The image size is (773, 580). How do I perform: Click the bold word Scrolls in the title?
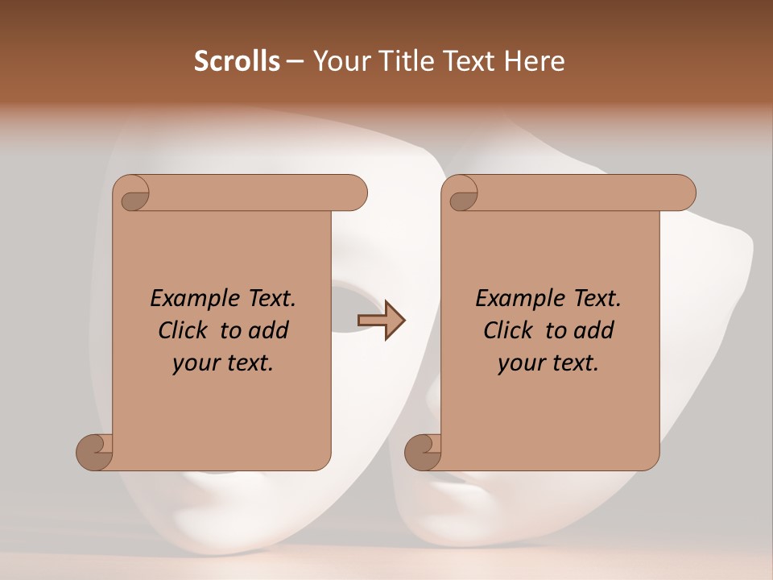pos(237,61)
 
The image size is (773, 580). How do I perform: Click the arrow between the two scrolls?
pos(382,321)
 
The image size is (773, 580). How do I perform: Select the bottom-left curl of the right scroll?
pos(423,452)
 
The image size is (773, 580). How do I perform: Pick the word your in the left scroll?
pos(192,363)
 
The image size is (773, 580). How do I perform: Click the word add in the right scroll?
pos(596,330)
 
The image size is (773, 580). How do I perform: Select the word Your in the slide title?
pos(339,61)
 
